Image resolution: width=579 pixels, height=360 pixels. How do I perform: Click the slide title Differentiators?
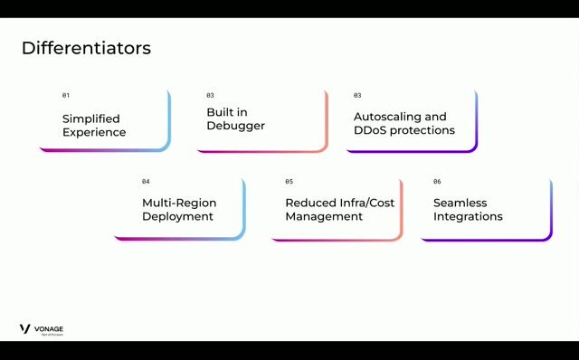(x=86, y=48)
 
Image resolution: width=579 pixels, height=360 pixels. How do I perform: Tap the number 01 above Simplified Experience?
(x=65, y=95)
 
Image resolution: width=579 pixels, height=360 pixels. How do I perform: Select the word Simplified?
(x=90, y=118)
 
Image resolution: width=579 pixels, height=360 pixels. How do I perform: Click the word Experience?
(x=94, y=132)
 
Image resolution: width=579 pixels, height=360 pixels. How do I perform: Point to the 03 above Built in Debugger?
(x=210, y=95)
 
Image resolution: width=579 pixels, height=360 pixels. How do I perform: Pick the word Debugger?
(x=235, y=126)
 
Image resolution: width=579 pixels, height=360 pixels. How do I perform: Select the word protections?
(x=423, y=130)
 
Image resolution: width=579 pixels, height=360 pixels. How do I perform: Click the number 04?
(x=146, y=182)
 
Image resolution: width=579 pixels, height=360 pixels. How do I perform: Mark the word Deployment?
(x=177, y=216)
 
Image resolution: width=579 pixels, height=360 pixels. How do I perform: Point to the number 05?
(x=289, y=182)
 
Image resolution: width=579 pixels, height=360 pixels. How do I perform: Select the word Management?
(x=325, y=216)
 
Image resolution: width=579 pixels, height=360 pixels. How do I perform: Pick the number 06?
(x=437, y=182)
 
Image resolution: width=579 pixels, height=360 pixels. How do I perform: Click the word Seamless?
(x=460, y=203)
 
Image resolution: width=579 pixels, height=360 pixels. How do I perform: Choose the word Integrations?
(x=468, y=216)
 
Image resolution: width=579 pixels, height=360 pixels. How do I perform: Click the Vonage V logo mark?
(x=25, y=329)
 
